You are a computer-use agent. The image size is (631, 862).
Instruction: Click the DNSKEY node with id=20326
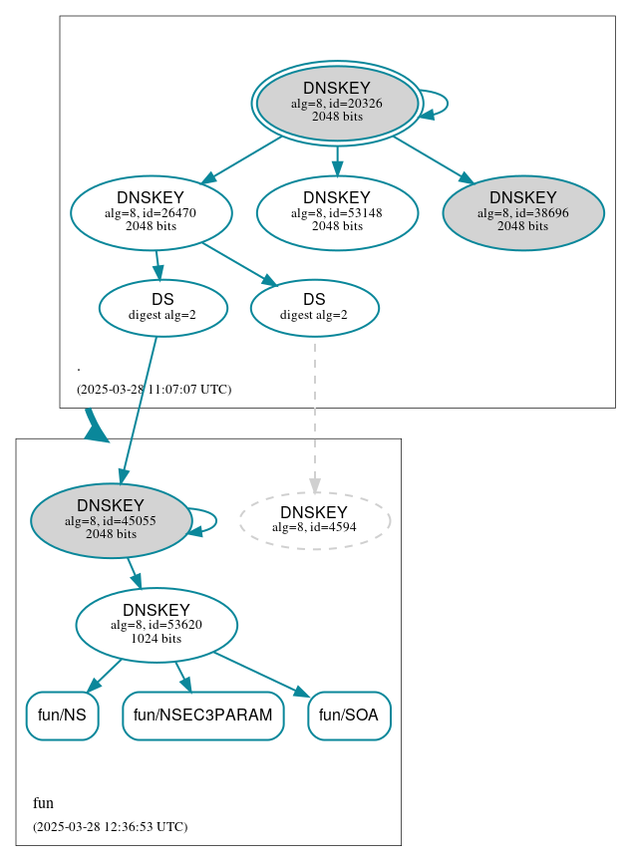point(337,103)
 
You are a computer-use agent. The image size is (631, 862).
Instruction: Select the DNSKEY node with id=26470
point(152,212)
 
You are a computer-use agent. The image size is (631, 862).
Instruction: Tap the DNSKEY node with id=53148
point(337,212)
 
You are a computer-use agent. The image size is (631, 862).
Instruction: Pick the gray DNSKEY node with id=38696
point(523,212)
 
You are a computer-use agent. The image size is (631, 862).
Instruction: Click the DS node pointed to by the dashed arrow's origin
point(314,308)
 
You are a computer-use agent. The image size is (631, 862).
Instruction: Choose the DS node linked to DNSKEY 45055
point(163,308)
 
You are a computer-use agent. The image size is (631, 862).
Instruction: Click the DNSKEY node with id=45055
point(111,520)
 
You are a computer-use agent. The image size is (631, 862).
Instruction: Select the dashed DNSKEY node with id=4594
point(314,520)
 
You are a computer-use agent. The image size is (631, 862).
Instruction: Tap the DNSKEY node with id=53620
point(157,625)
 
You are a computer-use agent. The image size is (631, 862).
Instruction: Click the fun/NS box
point(62,716)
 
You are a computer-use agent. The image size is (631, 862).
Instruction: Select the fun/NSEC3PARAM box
point(203,716)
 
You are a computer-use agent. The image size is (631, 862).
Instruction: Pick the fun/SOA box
point(349,716)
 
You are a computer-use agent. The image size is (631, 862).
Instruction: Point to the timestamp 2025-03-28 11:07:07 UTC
point(154,390)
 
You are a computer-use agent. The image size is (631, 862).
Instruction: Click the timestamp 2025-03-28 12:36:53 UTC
point(110,827)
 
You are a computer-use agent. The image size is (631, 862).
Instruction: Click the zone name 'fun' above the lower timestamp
point(43,803)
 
